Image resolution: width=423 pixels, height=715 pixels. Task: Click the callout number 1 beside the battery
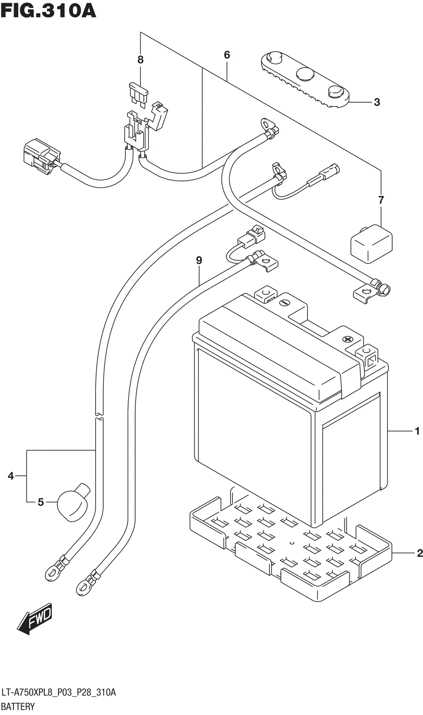coord(417,431)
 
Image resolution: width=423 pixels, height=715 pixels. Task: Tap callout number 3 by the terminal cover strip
coord(377,102)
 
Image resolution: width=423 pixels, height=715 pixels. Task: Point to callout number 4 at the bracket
coord(11,476)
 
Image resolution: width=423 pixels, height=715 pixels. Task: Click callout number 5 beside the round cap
coord(41,502)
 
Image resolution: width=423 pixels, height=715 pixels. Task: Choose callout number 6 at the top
coord(227,55)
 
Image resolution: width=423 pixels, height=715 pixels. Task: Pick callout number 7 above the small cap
coord(381,200)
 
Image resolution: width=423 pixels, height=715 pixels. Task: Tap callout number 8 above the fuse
coord(140,60)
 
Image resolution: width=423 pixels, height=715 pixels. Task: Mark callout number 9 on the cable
coord(199,260)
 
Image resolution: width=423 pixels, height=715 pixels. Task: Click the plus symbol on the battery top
coord(347,339)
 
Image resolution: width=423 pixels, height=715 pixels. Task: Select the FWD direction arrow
coord(35,619)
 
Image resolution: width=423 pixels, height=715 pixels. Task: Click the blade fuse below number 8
coord(138,95)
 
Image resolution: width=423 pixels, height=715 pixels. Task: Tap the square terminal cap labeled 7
coord(371,244)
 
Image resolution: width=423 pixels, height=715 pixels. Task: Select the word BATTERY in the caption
coord(18,707)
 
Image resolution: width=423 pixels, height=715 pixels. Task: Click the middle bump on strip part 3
coord(305,74)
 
